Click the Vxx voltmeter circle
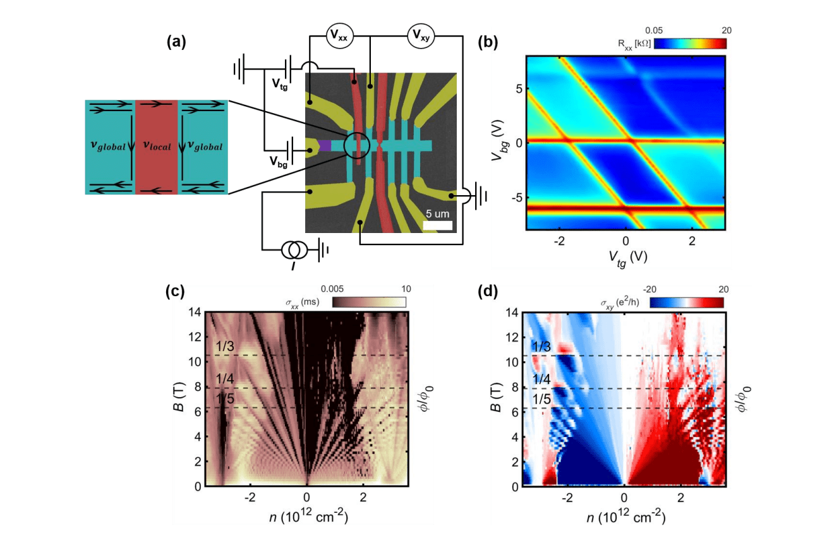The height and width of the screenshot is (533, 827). pos(339,37)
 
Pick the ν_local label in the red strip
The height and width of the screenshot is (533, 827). pos(156,147)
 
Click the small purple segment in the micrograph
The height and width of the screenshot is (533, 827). pos(325,146)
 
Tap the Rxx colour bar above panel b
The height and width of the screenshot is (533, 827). pos(690,44)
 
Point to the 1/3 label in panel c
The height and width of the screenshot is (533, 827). pos(224,346)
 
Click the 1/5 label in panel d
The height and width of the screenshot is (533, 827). pos(541,399)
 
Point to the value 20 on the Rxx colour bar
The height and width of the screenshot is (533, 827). pos(725,30)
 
